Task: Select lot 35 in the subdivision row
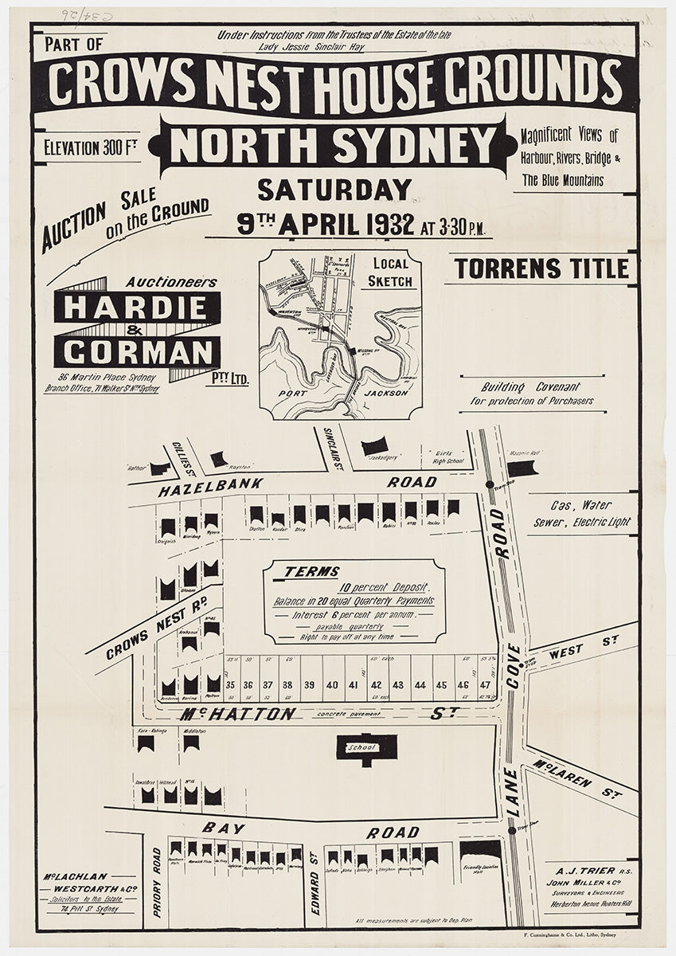click(x=229, y=685)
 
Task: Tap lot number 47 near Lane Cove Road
click(x=485, y=685)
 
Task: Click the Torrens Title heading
click(x=541, y=269)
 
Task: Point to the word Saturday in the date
click(x=334, y=190)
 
